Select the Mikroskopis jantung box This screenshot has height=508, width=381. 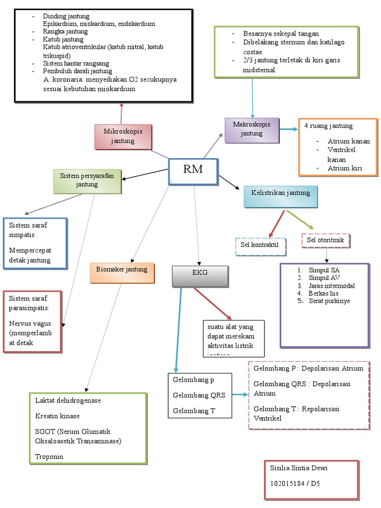click(123, 136)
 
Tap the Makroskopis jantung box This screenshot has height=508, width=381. click(252, 129)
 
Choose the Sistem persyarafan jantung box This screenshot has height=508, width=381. click(87, 181)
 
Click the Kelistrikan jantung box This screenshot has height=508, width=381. click(280, 196)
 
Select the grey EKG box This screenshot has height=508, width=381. click(200, 276)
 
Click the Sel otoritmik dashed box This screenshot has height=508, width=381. click(325, 241)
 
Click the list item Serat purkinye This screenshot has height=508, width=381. click(329, 301)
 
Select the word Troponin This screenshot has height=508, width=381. click(49, 456)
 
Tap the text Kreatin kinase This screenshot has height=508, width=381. click(57, 416)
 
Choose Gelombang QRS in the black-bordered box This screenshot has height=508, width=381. click(198, 395)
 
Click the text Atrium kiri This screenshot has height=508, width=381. click(345, 168)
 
